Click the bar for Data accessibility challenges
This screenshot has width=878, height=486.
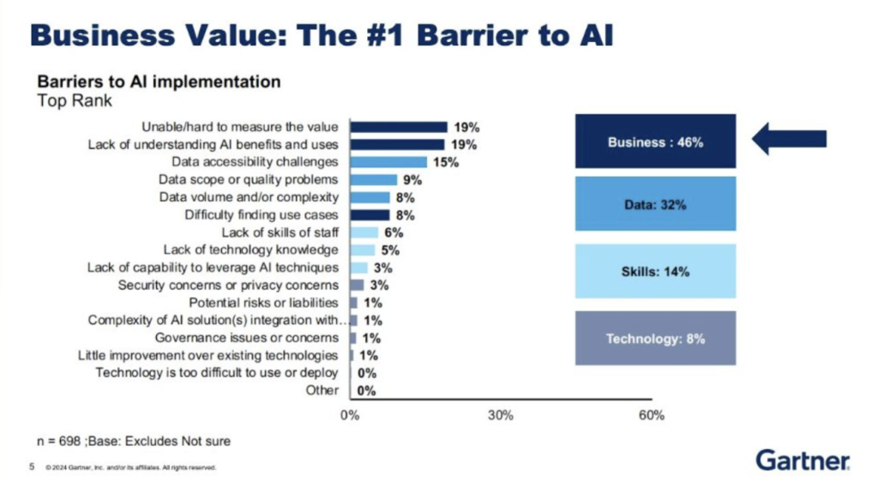[x=388, y=162]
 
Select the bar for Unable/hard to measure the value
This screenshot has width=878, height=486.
[x=399, y=127]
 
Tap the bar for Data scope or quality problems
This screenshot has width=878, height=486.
[x=373, y=180]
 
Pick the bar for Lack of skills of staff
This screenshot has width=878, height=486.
[x=364, y=232]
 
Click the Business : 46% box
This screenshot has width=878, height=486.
[x=656, y=142]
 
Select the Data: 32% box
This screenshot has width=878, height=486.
[x=656, y=204]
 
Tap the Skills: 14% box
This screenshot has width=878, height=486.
[x=656, y=271]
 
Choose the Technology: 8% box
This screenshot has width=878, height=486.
[x=656, y=339]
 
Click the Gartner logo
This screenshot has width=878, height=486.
[x=803, y=460]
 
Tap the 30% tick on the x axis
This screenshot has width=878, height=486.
[x=501, y=416]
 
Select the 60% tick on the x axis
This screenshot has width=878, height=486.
[x=651, y=416]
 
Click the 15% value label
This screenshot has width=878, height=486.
[x=447, y=162]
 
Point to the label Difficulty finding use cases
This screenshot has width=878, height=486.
[x=262, y=215]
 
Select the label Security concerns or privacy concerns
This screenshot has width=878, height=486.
[x=228, y=285]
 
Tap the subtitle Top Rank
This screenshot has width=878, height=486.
[x=75, y=101]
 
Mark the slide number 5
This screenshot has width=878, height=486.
[x=31, y=468]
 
